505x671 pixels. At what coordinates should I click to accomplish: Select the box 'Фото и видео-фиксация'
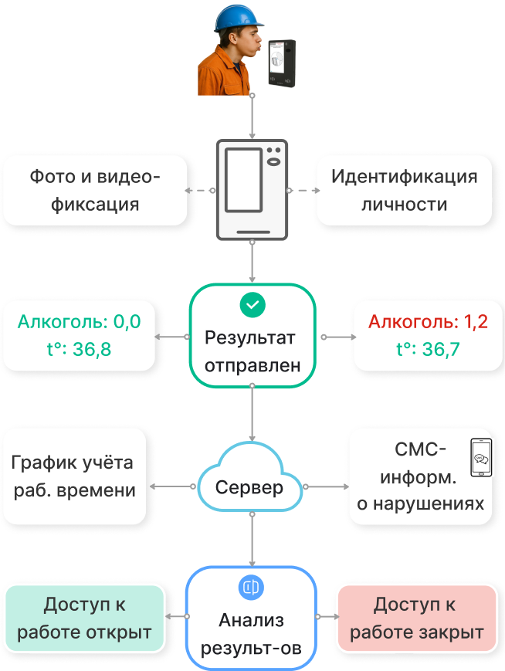tap(95, 190)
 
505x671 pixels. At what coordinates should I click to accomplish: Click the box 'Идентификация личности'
tap(404, 190)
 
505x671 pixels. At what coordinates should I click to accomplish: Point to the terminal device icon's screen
tap(243, 180)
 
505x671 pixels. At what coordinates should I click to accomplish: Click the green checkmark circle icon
tap(252, 305)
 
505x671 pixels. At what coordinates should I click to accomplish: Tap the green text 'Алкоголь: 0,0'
tap(80, 321)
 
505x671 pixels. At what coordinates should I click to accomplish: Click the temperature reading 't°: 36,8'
tap(79, 349)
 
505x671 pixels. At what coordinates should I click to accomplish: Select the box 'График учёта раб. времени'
tap(74, 476)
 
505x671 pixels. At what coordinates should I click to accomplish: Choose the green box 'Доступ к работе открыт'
tap(84, 617)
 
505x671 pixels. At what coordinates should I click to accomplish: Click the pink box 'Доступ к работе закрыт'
tap(417, 617)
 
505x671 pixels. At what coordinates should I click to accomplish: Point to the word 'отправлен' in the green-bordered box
tap(252, 365)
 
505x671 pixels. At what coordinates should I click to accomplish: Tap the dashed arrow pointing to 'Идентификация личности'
tap(303, 190)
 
